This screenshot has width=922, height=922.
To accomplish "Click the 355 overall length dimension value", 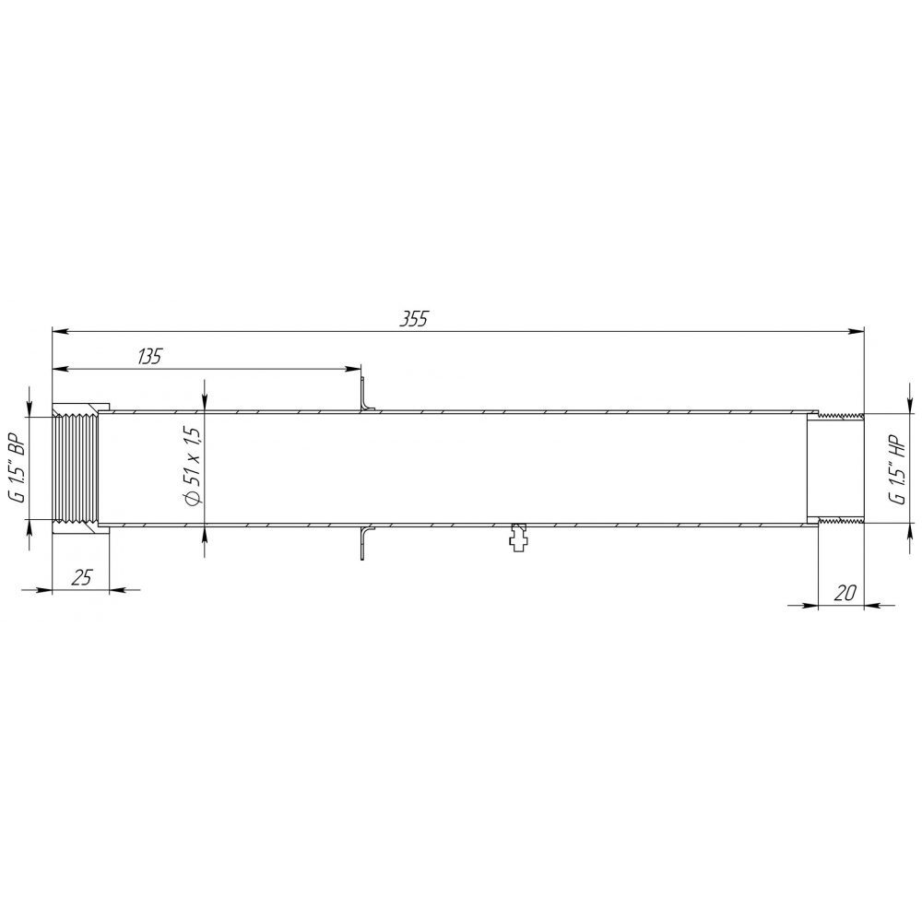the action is click(x=414, y=318).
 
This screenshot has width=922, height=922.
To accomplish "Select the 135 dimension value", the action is click(x=148, y=356).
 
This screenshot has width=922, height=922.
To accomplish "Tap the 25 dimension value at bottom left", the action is click(x=82, y=577).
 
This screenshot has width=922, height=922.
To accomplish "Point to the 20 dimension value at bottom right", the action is click(x=845, y=593).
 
